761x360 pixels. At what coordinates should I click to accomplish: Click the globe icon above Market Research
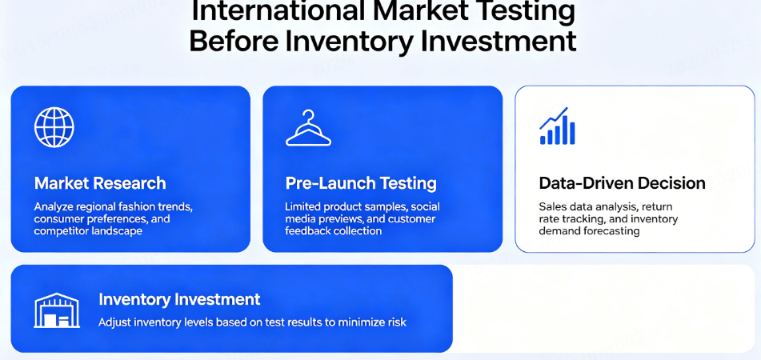tap(54, 127)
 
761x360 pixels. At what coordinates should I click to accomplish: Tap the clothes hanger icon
tap(308, 129)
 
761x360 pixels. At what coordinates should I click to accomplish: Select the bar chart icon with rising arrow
tap(558, 126)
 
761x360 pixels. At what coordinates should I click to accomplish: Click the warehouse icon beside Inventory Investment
tap(57, 310)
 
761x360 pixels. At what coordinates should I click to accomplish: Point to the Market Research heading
tap(100, 183)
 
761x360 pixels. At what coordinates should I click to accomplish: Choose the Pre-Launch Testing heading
tap(361, 183)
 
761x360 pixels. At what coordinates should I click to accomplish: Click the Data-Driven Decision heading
tap(622, 183)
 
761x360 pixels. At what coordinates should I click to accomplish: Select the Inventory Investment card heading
tap(179, 299)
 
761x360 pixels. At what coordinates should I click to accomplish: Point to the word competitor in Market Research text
tap(64, 231)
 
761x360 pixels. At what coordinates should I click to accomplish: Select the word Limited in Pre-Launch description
tap(306, 206)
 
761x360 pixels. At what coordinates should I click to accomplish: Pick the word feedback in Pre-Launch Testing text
tap(310, 231)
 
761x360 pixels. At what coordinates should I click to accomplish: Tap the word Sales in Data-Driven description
tap(553, 206)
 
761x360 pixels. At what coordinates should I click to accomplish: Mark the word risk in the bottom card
tap(395, 322)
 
